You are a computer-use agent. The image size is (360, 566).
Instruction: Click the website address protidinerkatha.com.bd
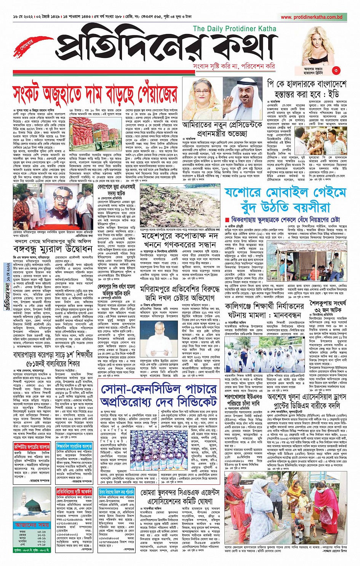[311, 17]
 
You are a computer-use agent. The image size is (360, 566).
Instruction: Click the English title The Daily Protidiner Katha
[234, 29]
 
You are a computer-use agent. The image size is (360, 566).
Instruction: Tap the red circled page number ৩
[336, 70]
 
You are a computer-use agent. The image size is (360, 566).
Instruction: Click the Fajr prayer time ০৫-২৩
[42, 532]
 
